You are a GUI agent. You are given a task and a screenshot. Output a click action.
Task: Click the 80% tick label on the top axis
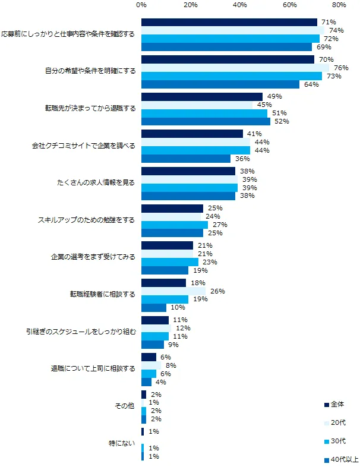(339, 5)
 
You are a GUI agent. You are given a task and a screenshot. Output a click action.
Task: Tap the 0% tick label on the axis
(141, 5)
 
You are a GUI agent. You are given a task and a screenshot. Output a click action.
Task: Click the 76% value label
(342, 68)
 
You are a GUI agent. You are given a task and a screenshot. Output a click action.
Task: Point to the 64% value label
(311, 84)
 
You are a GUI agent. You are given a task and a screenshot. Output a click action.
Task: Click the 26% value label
(217, 291)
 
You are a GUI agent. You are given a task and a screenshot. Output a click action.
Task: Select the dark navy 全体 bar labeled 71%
(229, 23)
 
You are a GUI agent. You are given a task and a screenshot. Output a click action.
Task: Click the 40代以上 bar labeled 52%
(206, 122)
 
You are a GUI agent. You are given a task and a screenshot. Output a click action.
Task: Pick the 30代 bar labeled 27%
(175, 225)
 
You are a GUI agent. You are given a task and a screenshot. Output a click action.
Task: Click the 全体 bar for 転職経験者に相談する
(163, 283)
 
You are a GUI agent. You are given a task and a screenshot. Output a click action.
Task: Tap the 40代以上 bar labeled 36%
(186, 159)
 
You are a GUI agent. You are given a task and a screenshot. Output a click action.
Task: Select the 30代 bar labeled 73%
(232, 76)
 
